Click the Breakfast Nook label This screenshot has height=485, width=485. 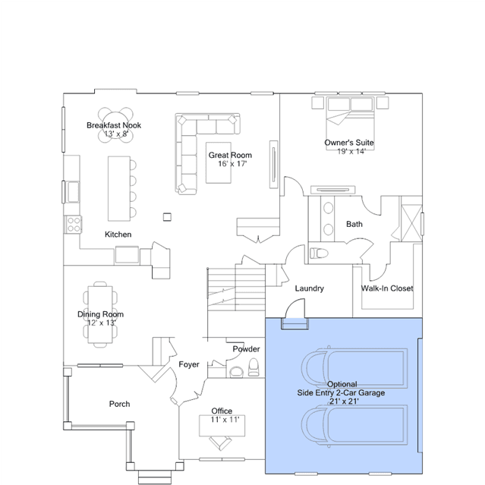(114, 125)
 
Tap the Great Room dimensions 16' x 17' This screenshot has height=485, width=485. (232, 164)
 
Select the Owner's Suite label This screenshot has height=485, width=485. (349, 143)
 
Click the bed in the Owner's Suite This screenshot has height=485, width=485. (350, 124)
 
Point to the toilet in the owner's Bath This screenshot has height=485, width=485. (319, 253)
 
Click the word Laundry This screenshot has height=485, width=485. (310, 288)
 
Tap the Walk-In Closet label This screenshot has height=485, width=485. (387, 288)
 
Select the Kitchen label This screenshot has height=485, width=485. (118, 235)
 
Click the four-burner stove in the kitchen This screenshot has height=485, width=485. (74, 225)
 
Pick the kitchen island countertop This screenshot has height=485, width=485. (119, 189)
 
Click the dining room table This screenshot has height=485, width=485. (100, 314)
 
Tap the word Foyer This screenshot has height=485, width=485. (189, 364)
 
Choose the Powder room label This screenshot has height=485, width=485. (246, 349)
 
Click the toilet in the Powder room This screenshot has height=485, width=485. (254, 367)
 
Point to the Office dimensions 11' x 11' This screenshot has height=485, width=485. (225, 420)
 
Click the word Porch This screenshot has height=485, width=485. (119, 404)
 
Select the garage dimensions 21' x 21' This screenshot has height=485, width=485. (344, 402)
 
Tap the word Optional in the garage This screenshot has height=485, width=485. (342, 384)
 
